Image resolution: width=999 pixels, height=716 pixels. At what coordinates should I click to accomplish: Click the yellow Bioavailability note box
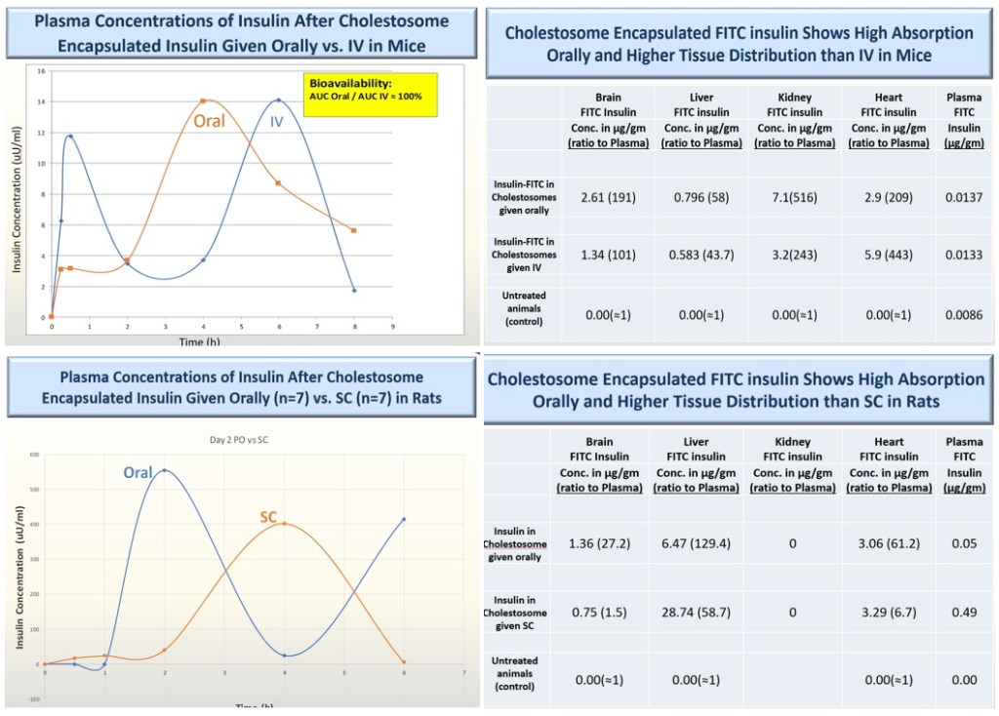click(x=370, y=94)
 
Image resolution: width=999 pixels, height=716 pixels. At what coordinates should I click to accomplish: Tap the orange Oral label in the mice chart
click(x=209, y=121)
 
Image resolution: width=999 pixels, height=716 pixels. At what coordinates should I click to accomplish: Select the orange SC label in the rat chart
click(x=268, y=516)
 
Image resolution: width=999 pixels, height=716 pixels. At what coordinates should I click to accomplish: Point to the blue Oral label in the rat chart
click(x=138, y=472)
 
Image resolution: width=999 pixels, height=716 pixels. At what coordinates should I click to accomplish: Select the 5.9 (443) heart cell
click(x=889, y=256)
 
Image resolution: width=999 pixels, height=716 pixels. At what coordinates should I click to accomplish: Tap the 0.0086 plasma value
click(x=964, y=315)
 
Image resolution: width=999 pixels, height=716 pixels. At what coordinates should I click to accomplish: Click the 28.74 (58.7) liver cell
click(x=700, y=613)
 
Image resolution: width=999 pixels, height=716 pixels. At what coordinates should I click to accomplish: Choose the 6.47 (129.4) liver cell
click(x=700, y=543)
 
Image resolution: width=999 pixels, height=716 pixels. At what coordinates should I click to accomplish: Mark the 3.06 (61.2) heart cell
click(x=889, y=543)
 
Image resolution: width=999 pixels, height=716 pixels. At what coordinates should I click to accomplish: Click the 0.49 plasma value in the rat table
click(x=964, y=613)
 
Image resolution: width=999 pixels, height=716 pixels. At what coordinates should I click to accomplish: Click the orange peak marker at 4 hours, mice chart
click(x=203, y=101)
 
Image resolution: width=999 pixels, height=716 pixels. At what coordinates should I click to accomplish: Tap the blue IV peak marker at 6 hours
click(x=278, y=100)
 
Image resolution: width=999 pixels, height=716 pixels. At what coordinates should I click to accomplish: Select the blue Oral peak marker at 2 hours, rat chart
click(x=164, y=470)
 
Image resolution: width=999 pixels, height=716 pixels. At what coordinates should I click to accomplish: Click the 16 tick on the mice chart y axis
click(x=41, y=71)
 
